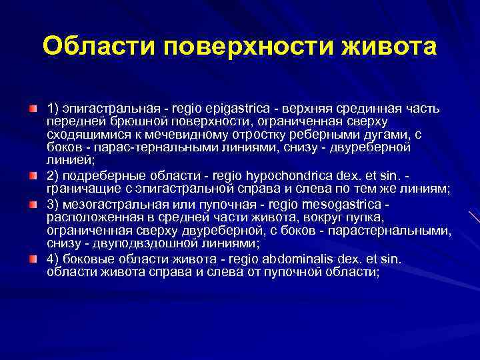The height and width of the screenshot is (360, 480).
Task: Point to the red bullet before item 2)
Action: tap(34, 177)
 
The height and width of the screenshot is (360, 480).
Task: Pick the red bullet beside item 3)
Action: tap(34, 204)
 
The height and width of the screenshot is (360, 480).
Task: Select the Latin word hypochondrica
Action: tap(291, 177)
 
